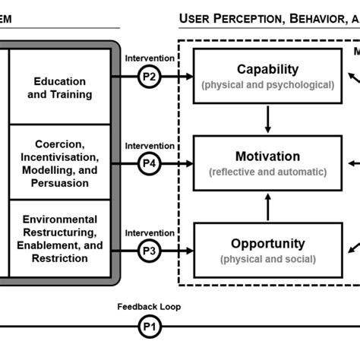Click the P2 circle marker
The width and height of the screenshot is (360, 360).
pyautogui.click(x=150, y=77)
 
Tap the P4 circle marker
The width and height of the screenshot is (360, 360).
pyautogui.click(x=150, y=163)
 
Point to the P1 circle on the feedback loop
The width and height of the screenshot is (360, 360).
pyautogui.click(x=150, y=327)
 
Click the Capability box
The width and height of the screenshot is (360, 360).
pyautogui.click(x=267, y=77)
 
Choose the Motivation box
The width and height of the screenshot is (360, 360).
pyautogui.click(x=267, y=163)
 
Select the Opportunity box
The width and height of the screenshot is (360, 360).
pyautogui.click(x=267, y=251)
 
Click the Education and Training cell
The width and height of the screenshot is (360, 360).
pyautogui.click(x=60, y=87)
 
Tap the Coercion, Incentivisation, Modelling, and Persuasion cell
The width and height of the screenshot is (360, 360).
pyautogui.click(x=60, y=163)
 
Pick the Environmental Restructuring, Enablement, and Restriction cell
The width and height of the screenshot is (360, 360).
pyautogui.click(x=60, y=238)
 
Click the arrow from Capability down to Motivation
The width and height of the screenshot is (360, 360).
pyautogui.click(x=267, y=120)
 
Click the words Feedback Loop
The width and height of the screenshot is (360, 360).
pyautogui.click(x=149, y=307)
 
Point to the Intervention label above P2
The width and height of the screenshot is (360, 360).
pyautogui.click(x=150, y=58)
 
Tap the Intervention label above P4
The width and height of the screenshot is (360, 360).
pyautogui.click(x=150, y=145)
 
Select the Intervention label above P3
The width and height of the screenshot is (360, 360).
pyautogui.click(x=150, y=232)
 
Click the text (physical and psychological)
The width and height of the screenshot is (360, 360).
pyautogui.click(x=267, y=85)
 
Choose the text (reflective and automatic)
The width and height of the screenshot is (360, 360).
pyautogui.click(x=267, y=172)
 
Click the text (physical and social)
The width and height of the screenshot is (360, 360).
pyautogui.click(x=267, y=260)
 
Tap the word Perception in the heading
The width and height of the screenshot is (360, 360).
pyautogui.click(x=248, y=18)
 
